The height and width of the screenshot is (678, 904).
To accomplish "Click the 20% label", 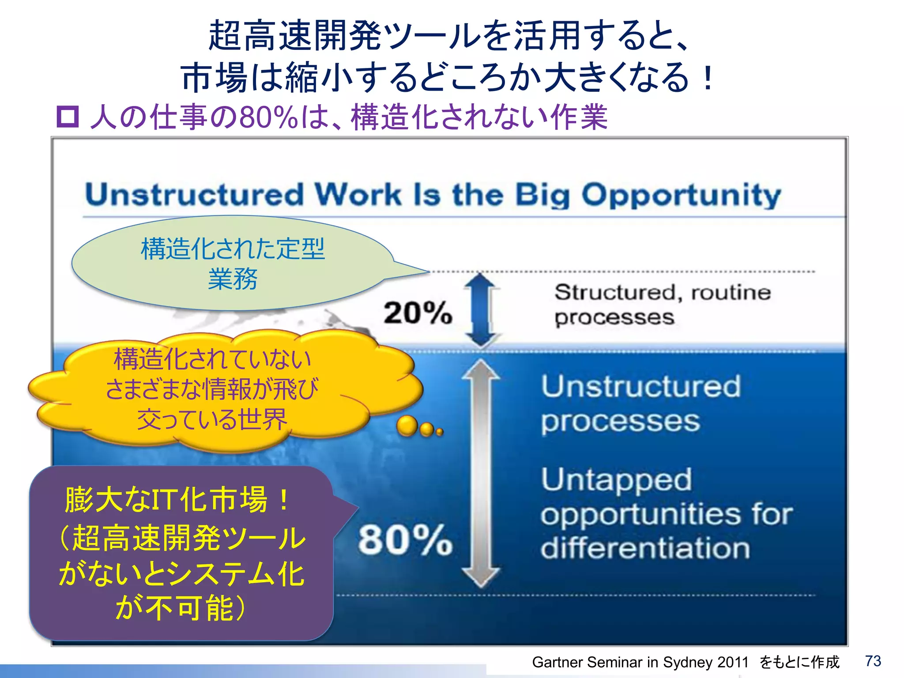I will [418, 313].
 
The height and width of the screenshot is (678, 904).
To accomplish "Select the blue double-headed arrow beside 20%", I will [481, 309].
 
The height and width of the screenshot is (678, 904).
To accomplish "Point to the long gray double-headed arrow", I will [481, 472].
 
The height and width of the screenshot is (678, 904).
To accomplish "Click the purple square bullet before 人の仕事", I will [68, 117].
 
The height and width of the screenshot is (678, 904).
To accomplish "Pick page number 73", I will [873, 661].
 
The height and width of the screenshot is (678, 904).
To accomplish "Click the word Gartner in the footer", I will [557, 662].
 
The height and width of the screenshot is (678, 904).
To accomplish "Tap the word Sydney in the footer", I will [688, 662].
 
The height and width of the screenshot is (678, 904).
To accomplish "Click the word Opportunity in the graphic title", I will [681, 195].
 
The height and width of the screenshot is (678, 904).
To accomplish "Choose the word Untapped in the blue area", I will [616, 480].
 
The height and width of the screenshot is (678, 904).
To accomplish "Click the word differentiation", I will [645, 548].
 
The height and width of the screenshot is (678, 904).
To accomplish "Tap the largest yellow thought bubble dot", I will [407, 426].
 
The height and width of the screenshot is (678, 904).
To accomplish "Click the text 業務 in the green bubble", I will [233, 279].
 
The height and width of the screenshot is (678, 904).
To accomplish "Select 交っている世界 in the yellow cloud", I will [212, 419].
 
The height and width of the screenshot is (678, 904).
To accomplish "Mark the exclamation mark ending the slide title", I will [708, 77].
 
